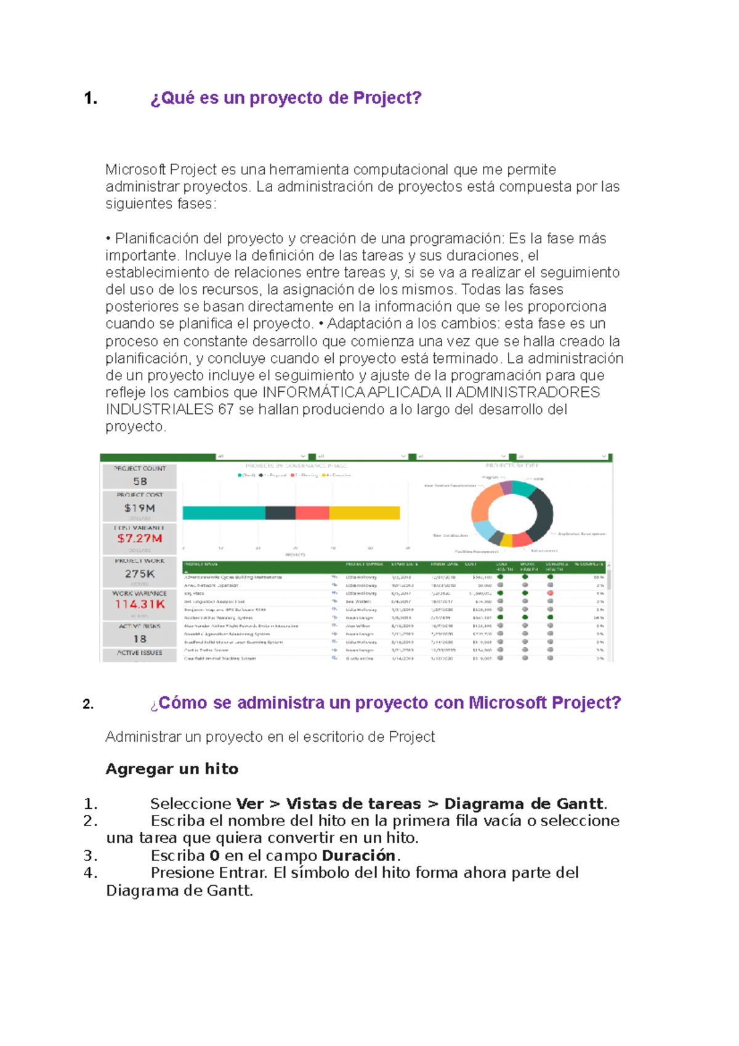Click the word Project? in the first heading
click(x=387, y=98)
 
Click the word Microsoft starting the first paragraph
click(x=136, y=169)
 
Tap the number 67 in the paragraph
click(x=225, y=410)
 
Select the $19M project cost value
click(x=140, y=508)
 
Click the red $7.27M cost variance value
click(x=140, y=538)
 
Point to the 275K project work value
click(x=140, y=574)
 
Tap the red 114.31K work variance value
click(x=140, y=604)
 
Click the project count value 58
click(x=140, y=481)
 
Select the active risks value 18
click(x=140, y=639)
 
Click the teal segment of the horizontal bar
click(x=224, y=513)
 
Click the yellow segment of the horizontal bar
click(x=364, y=513)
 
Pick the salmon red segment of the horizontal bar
click(x=312, y=513)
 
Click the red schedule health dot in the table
click(x=550, y=593)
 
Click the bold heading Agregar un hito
click(x=172, y=769)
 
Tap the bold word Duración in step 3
click(x=358, y=855)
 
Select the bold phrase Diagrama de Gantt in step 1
click(x=523, y=803)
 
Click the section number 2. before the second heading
click(x=88, y=705)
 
